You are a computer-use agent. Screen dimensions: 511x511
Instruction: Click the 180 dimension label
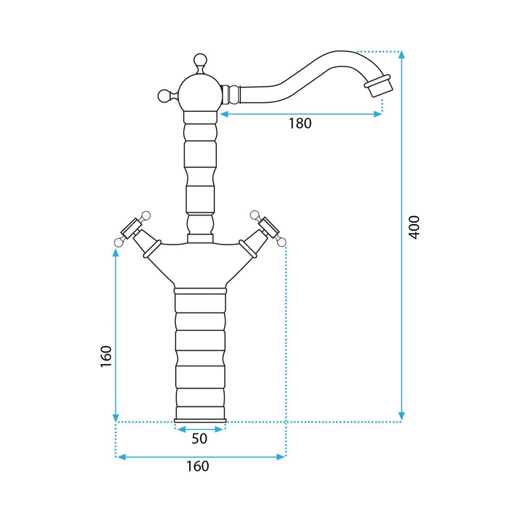[x=300, y=123]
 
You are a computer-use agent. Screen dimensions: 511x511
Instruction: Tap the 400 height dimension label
[x=415, y=227]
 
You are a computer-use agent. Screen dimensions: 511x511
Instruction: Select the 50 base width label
[x=199, y=439]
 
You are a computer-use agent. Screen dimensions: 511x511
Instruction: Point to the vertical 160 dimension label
[x=106, y=356]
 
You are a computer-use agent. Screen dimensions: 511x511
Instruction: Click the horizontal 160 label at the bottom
[x=198, y=466]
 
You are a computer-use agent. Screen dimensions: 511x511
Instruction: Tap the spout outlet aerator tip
[x=378, y=85]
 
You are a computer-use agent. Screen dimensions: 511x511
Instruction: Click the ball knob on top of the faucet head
[x=200, y=61]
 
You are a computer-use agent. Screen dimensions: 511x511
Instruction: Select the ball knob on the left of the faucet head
[x=164, y=96]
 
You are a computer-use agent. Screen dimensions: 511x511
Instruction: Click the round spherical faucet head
[x=200, y=93]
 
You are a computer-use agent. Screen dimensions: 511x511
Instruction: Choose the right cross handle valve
[x=264, y=234]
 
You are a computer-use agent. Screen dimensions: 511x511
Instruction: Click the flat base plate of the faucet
[x=200, y=420]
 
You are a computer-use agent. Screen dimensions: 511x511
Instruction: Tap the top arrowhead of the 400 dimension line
[x=401, y=55]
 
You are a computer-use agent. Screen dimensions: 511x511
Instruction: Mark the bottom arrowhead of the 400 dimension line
[x=401, y=417]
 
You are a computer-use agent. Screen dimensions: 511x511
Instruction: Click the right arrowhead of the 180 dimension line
[x=378, y=114]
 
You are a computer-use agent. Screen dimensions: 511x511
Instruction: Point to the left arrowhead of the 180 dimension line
[x=224, y=114]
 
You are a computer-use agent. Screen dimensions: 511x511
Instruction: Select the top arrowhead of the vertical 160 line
[x=115, y=253]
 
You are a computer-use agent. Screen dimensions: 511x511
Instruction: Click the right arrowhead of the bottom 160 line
[x=281, y=457]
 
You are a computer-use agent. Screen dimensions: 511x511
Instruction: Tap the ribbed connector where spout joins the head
[x=231, y=94]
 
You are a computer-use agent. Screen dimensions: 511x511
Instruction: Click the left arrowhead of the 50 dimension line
[x=180, y=429]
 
